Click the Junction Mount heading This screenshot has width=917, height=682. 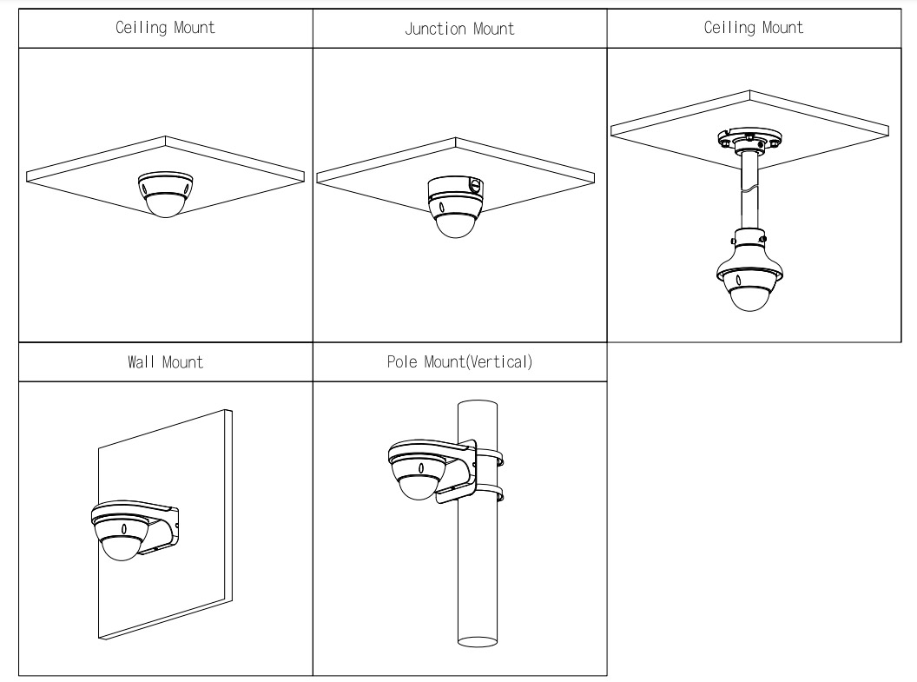(x=458, y=29)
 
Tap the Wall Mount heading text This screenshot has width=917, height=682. (x=165, y=361)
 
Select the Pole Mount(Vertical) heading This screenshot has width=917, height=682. (x=458, y=361)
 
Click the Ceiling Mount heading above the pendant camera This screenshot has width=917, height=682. (x=753, y=28)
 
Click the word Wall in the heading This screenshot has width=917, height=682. (x=142, y=361)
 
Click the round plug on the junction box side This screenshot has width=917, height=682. (x=474, y=185)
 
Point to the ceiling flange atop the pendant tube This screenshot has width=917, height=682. (x=748, y=141)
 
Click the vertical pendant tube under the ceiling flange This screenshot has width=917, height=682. (x=748, y=195)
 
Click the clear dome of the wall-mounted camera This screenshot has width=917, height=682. (x=121, y=548)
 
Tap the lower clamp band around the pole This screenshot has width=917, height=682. (x=491, y=495)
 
